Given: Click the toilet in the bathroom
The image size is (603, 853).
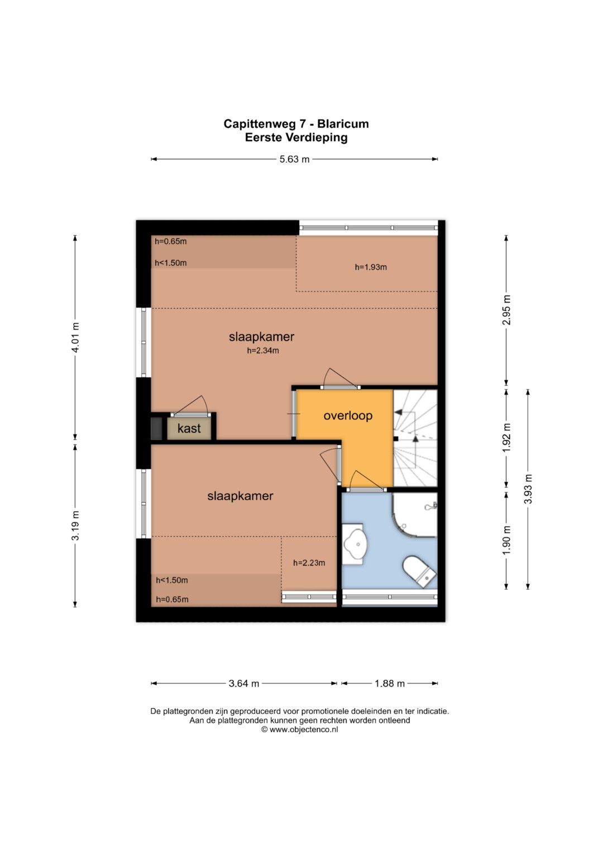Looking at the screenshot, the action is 419,571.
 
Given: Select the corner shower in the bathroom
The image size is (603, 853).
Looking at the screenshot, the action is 415,514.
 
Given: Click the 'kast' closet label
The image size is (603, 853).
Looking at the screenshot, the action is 189,428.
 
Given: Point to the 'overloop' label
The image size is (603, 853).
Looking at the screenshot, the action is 348,416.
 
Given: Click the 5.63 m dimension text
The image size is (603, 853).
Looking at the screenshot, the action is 294,159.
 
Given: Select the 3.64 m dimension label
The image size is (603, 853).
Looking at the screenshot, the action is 243,684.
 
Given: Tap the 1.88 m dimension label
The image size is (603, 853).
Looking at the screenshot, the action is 390,684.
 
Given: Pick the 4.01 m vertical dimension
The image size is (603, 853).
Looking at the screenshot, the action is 75,337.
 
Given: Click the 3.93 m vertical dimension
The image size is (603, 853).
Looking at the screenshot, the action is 528,489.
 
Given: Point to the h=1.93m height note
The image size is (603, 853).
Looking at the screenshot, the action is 371,268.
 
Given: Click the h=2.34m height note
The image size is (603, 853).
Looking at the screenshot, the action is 263,351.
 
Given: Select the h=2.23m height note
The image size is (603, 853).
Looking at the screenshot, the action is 309,563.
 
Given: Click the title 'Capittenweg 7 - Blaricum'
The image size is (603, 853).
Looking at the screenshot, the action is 296,124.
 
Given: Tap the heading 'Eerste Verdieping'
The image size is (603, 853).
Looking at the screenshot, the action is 296,137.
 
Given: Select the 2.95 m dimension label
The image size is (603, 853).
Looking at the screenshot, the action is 506,310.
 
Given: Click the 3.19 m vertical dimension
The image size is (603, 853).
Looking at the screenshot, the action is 75,526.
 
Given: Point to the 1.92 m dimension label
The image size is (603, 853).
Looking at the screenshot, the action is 506,438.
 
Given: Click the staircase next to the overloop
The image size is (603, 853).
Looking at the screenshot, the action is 415,438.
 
